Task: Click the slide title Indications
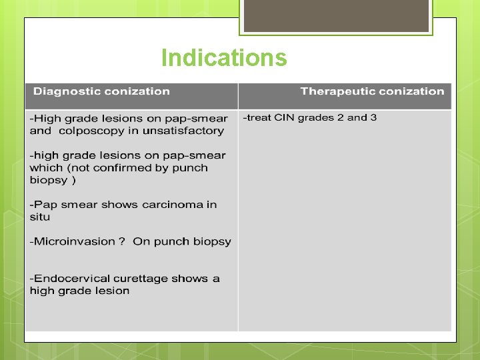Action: coord(224,58)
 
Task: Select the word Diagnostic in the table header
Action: coord(65,91)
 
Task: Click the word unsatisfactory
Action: coord(187,131)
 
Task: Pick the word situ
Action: coord(39,217)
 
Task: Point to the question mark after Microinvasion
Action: coord(121,241)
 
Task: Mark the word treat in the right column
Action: coord(258,118)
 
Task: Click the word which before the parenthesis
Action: coord(46,168)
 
